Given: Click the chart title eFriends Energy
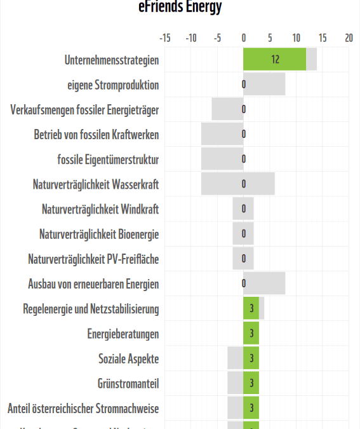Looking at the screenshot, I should [180, 7].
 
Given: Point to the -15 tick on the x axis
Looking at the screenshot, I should [164, 38].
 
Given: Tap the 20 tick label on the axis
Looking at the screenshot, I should [349, 38].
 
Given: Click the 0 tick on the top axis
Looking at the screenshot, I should [244, 38].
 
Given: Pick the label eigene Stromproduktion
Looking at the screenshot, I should [113, 85].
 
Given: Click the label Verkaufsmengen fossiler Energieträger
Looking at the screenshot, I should [84, 110].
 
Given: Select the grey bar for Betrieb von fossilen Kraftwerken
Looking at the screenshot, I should [222, 134].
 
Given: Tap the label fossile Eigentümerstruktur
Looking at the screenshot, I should [108, 160].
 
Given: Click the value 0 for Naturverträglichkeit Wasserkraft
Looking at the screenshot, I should [244, 184].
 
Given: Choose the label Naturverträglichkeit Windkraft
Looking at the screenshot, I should [100, 209].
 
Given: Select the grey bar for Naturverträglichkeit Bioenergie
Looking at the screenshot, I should [243, 234].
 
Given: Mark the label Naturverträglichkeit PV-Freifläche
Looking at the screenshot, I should [93, 259].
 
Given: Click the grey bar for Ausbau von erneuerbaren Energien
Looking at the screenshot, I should [264, 283].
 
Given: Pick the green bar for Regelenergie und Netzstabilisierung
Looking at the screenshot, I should [251, 308].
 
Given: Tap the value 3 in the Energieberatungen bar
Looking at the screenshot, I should [251, 333].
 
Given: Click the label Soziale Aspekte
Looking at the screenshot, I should [128, 358].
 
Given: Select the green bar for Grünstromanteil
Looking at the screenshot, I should [251, 383].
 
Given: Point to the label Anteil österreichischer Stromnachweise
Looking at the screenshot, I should [83, 408].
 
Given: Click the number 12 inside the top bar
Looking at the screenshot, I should [275, 60].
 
